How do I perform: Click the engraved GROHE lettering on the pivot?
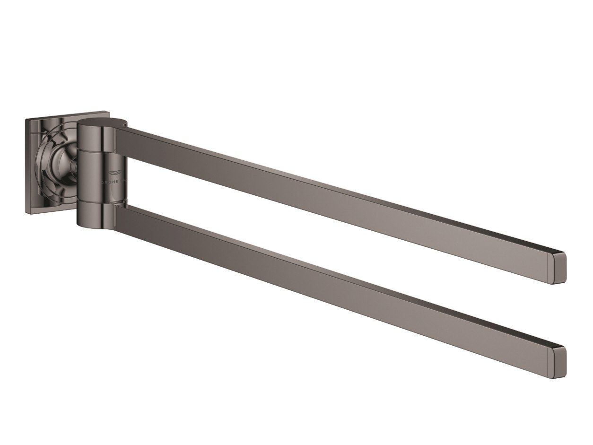(113, 181)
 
